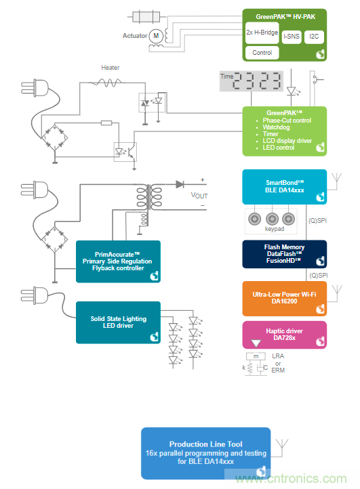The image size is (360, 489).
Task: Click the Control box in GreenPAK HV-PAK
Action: [261, 52]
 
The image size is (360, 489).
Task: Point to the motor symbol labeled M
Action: [155, 35]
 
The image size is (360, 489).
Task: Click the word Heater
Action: [111, 68]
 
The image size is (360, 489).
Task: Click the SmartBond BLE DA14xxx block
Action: [285, 187]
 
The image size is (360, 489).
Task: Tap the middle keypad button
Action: [273, 219]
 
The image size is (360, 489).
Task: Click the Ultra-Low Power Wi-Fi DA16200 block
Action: [285, 299]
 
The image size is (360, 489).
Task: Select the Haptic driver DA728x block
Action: [285, 335]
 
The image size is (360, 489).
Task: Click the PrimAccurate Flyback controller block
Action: [118, 261]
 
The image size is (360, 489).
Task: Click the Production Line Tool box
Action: [205, 452]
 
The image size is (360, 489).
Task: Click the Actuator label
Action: [134, 35]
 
